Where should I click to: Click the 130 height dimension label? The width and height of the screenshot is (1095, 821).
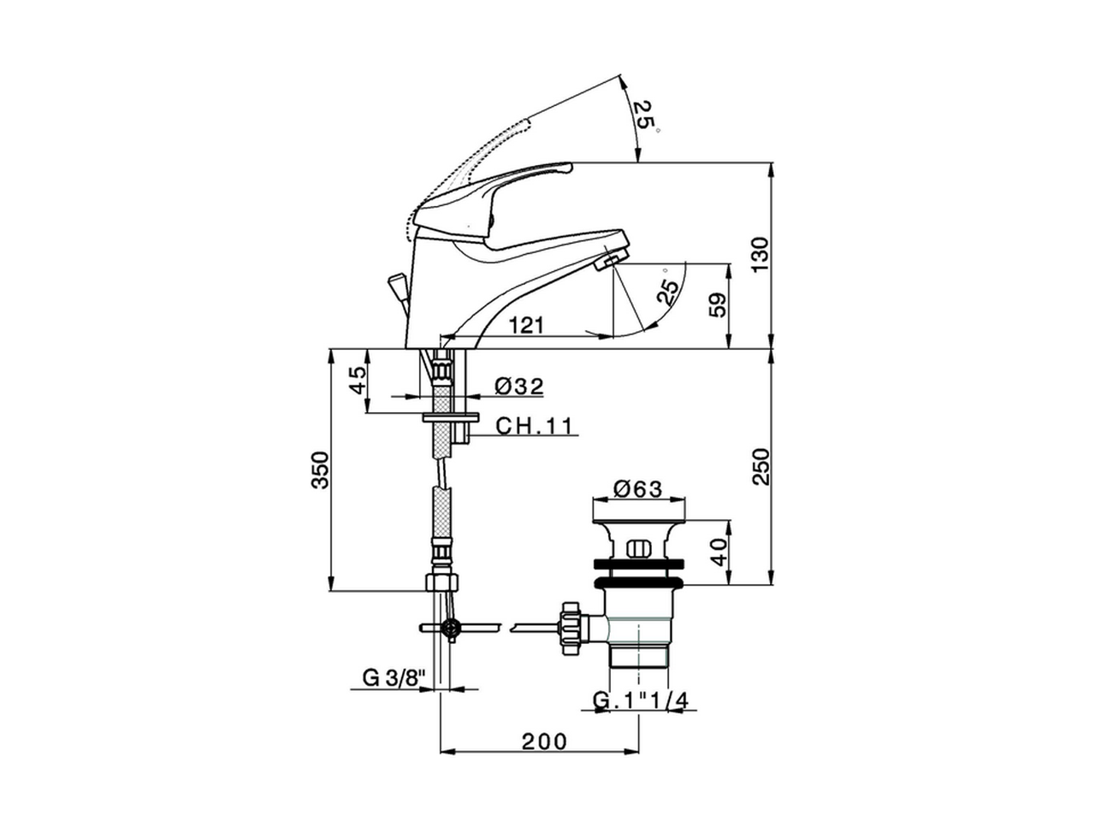[761, 255]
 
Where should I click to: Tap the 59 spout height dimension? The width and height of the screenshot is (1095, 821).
[717, 304]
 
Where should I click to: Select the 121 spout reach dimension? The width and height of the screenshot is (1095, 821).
[526, 326]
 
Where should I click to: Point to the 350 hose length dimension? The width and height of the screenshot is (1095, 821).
[320, 470]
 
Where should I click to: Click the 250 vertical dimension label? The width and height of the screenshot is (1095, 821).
[761, 467]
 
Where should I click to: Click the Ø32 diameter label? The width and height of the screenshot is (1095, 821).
[518, 387]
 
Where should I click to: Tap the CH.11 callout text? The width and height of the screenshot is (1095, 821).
[535, 426]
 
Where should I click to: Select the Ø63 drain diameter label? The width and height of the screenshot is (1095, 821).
[637, 489]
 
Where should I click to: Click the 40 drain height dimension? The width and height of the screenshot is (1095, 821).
[719, 552]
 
